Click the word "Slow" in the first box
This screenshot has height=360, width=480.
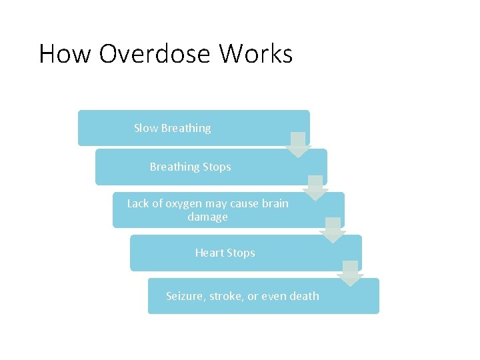[146, 128]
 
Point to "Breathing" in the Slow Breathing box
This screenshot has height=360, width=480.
[186, 128]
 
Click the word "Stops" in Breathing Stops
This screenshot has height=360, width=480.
[217, 167]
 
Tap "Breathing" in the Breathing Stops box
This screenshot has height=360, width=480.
[175, 167]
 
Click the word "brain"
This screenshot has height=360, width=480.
[275, 203]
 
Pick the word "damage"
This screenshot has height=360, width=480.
[207, 217]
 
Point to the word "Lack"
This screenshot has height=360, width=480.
[139, 203]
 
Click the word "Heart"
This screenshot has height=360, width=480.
[209, 253]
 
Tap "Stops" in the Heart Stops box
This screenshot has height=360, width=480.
[241, 253]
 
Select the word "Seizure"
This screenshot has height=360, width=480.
[185, 296]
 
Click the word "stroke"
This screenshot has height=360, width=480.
[227, 296]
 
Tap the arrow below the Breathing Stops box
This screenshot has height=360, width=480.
[316, 188]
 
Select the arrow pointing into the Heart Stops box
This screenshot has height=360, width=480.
[333, 230]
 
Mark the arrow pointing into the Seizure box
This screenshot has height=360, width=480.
[349, 273]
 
